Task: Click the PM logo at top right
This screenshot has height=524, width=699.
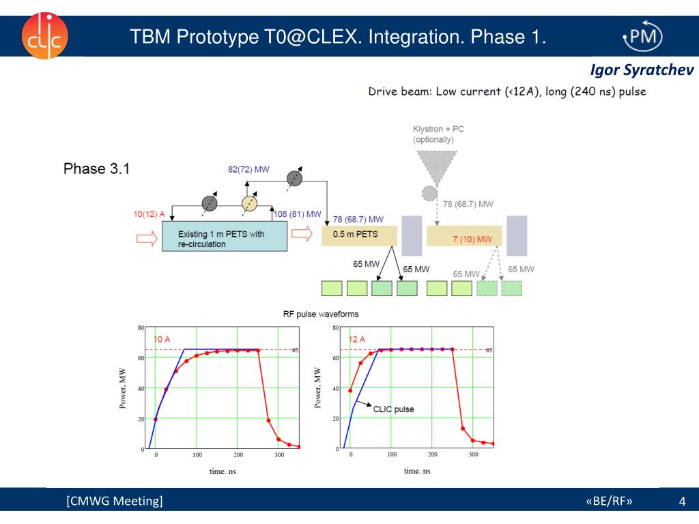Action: pyautogui.click(x=642, y=36)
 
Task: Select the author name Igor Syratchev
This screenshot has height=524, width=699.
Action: pyautogui.click(x=642, y=71)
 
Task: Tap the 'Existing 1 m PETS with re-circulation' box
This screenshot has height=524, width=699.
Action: pyautogui.click(x=224, y=239)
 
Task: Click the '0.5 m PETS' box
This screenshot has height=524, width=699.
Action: pyautogui.click(x=359, y=235)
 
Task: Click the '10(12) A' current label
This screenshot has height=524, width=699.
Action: pyautogui.click(x=149, y=214)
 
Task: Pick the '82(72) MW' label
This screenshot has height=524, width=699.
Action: pyautogui.click(x=248, y=169)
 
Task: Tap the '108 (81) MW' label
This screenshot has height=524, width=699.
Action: pyautogui.click(x=297, y=214)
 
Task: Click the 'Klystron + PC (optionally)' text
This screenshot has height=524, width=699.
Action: pyautogui.click(x=439, y=134)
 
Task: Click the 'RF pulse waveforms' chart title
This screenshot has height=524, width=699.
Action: pyautogui.click(x=321, y=315)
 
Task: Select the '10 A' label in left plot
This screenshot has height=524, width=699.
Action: pyautogui.click(x=162, y=339)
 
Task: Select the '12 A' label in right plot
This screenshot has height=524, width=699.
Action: pyautogui.click(x=357, y=339)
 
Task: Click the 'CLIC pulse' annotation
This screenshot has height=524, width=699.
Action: pyautogui.click(x=393, y=409)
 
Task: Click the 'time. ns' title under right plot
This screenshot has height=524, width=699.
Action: pyautogui.click(x=417, y=471)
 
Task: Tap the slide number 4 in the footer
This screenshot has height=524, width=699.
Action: pyautogui.click(x=682, y=503)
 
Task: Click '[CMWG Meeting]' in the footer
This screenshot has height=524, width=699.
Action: pyautogui.click(x=115, y=502)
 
